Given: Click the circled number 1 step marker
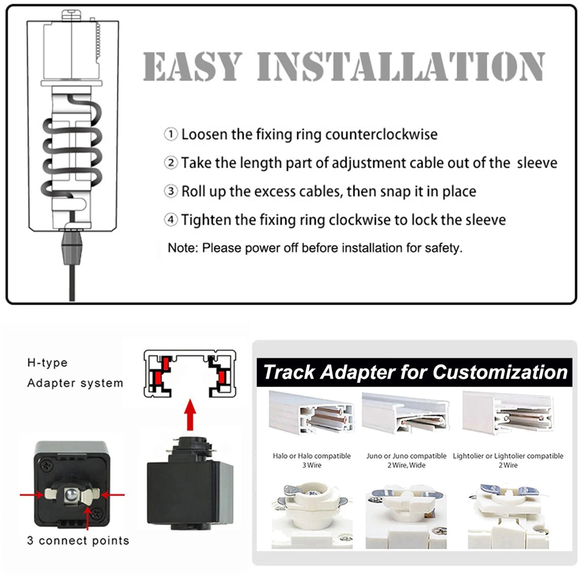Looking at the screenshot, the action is pos(170,134).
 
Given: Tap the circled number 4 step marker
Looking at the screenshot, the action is pos(170,220).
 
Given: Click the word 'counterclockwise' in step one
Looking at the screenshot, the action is pos(381,134).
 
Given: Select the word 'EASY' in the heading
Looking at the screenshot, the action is pos(192,66).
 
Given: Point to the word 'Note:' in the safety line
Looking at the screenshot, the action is pos(183,248).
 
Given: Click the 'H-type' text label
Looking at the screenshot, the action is pos(47,363).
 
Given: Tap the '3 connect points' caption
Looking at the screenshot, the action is pos(78,541).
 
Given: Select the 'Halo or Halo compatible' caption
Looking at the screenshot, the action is pos(312,456).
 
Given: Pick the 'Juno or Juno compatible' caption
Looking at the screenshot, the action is pos(406,456).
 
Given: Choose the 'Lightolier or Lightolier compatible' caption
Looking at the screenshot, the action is pos(508,456).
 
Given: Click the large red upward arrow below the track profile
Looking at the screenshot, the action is pos(190,415).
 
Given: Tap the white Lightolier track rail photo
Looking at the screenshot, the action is pos(507,414).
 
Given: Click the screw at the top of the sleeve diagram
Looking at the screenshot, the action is pos(71,15).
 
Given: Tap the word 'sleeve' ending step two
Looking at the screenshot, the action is pos(537,163).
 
